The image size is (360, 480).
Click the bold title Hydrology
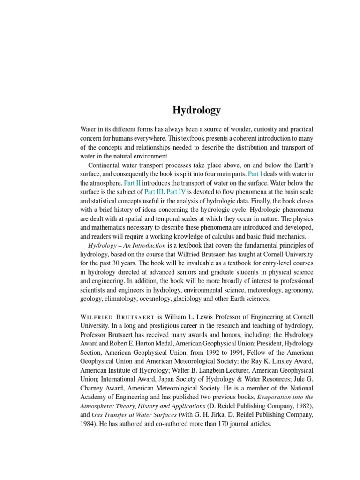[196, 111]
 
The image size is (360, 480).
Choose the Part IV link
[176, 192]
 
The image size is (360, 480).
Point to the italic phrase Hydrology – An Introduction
[127, 245]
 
